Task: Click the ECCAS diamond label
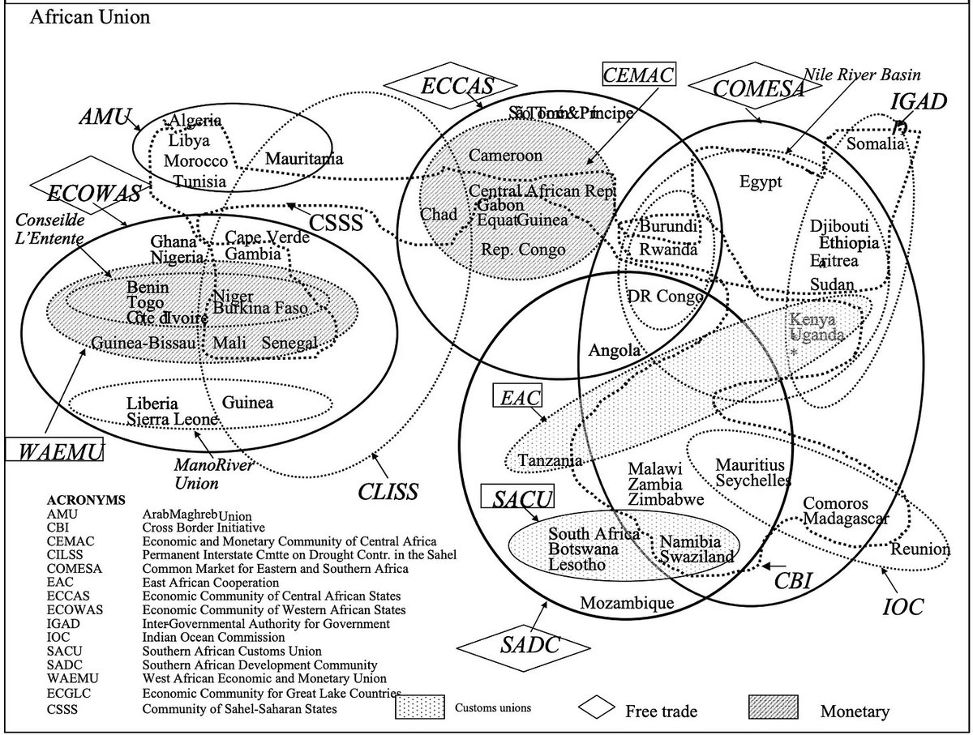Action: click(450, 87)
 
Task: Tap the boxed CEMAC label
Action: click(639, 75)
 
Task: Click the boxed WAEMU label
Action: click(54, 451)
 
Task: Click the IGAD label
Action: click(918, 102)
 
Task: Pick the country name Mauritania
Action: click(304, 158)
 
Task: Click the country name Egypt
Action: click(761, 182)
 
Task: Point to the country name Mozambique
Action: click(628, 603)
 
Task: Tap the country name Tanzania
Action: click(551, 460)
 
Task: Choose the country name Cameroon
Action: click(505, 155)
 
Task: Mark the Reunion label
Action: click(920, 549)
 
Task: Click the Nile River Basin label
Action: click(862, 75)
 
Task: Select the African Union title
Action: click(89, 18)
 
